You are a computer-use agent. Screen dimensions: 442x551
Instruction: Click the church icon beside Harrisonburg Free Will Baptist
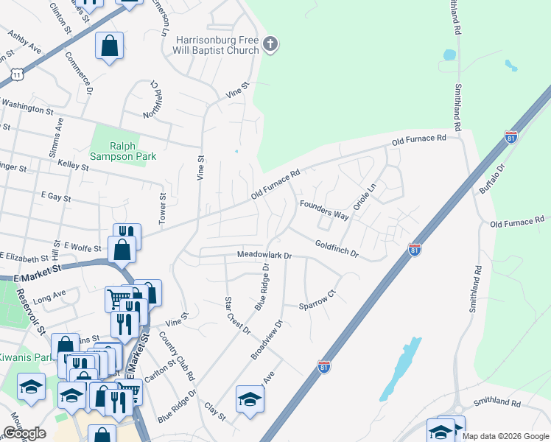270,45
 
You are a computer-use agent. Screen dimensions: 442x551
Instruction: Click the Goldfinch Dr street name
336,249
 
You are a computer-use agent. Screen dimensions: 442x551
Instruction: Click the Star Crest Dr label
237,315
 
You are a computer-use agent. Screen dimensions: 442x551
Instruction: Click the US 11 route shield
17,74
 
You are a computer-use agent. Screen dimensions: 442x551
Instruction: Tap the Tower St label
164,208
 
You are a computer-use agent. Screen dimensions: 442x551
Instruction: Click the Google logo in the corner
24,433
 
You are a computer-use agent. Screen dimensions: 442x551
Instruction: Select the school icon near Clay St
250,401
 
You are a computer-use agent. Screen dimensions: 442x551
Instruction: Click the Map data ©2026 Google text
506,436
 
